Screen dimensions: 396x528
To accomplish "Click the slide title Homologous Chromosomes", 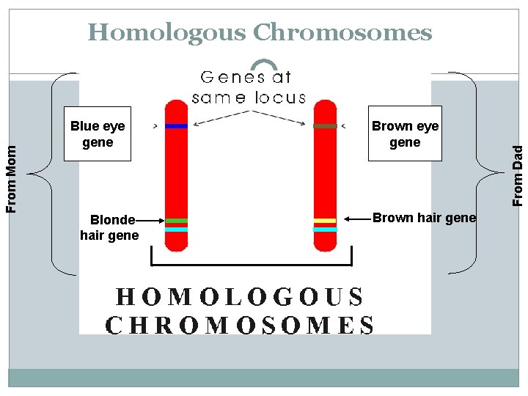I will coord(260,33).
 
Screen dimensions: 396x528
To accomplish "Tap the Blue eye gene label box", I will coord(98,134).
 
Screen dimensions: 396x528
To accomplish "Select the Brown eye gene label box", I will coord(405,134).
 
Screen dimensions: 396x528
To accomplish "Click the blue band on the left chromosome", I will coord(176,126).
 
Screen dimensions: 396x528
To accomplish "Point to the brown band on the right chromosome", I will coord(325,126).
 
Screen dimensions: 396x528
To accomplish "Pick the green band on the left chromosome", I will coord(176,221).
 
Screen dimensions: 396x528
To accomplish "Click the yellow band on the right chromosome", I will coord(325,221).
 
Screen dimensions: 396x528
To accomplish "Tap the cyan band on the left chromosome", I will coord(176,230).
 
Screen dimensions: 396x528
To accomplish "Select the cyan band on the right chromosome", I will coord(325,230).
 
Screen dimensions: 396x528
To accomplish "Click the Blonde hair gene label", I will coord(109,227).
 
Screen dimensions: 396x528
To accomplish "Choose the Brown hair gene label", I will coord(424,218).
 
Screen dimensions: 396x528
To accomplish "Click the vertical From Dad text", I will coord(518,176).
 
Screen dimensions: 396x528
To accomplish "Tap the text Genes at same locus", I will coord(249,87).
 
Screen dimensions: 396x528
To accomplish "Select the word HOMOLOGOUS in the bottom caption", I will coord(240,297).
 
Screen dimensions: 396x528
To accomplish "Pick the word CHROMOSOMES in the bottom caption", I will coord(240,324).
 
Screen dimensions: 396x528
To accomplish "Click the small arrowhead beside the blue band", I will coord(155,126).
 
